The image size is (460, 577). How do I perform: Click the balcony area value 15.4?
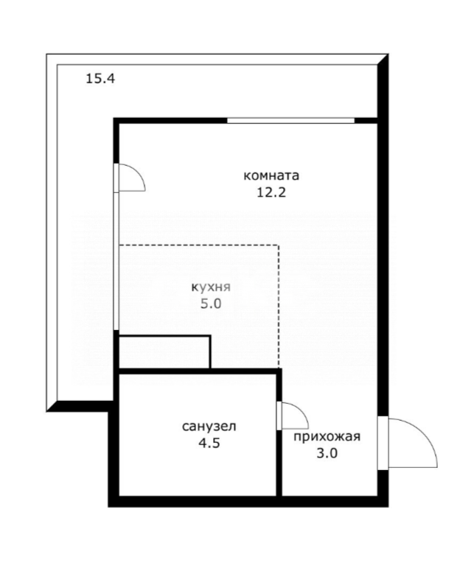(x=100, y=77)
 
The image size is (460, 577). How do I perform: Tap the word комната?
(x=271, y=176)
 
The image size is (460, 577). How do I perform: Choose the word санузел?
(x=209, y=427)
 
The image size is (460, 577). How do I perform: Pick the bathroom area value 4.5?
(x=209, y=444)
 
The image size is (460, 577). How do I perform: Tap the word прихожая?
(x=327, y=437)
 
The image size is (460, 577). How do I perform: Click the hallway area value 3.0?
(x=327, y=454)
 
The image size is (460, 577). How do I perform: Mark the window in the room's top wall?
(x=290, y=120)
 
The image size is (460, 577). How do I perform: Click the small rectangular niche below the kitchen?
(x=164, y=352)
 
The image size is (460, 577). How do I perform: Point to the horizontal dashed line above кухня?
(x=199, y=245)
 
